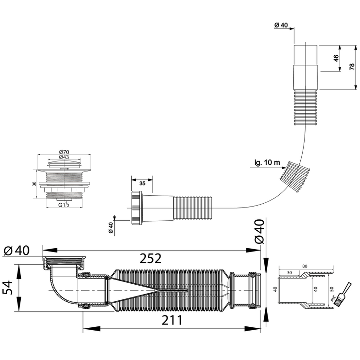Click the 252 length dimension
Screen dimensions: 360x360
pos(151,258)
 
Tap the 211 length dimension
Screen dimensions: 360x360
pos(172,320)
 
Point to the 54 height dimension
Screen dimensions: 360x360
pos(7,287)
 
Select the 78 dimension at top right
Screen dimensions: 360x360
pos(352,67)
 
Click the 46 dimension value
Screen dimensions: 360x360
pos(336,58)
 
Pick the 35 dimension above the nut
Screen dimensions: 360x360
pos(142,183)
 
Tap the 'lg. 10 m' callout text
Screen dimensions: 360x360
pos(267,163)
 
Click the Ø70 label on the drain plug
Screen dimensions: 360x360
pos(64,152)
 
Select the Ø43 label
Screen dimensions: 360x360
pos(64,157)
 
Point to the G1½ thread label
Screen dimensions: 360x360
pos(64,205)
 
